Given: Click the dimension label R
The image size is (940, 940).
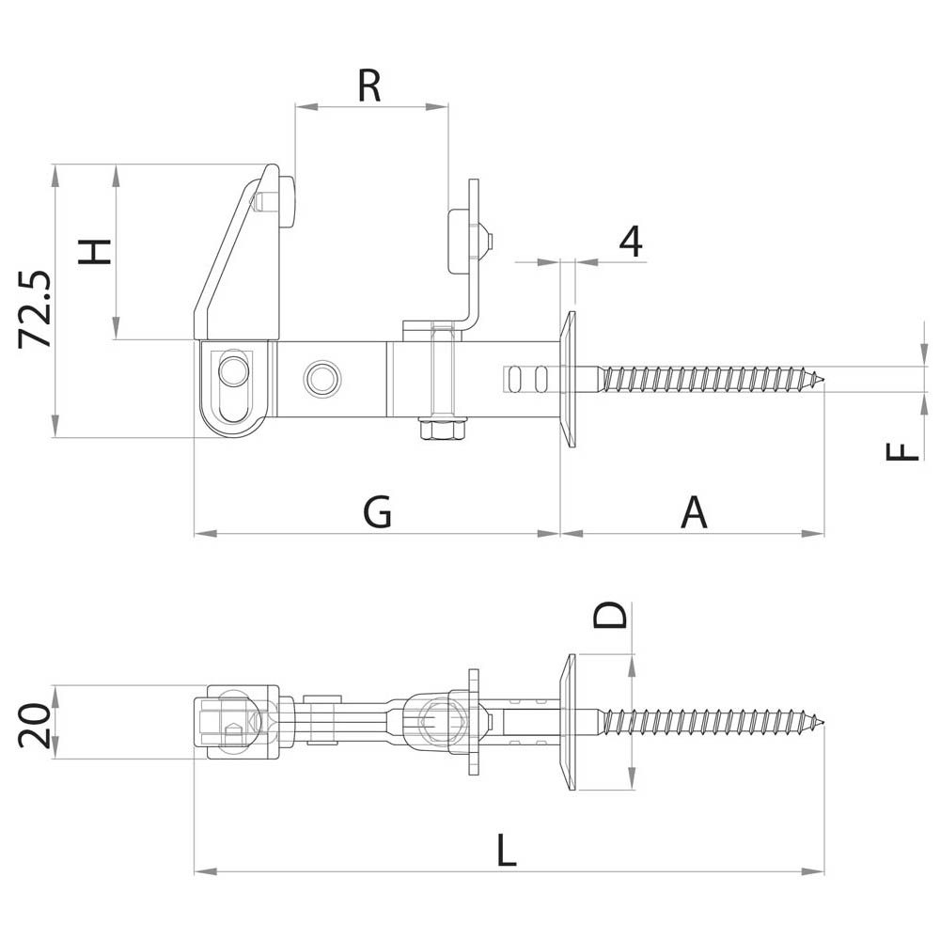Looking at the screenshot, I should [x=369, y=86].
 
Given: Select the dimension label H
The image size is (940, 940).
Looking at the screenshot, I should [x=95, y=251].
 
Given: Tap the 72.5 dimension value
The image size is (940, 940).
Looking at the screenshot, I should [x=36, y=310].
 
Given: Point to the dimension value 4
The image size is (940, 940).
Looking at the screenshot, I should [x=631, y=242].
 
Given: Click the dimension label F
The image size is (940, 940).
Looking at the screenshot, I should [x=903, y=452].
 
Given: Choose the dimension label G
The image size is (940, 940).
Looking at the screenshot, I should [x=377, y=513].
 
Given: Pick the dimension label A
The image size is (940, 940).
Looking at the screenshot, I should [x=694, y=513].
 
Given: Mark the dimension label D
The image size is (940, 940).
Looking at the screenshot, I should [x=611, y=616].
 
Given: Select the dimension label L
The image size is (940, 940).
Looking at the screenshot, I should [x=507, y=852].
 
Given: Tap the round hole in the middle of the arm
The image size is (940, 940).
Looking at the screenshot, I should [x=321, y=378].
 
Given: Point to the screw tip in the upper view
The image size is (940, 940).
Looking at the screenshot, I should [x=820, y=380].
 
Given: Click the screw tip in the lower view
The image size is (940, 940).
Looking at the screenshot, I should [x=820, y=722].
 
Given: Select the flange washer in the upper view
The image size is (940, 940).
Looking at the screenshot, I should [x=568, y=379].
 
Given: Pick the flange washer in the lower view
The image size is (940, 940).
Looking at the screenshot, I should [x=568, y=722].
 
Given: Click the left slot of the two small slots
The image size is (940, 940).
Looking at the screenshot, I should [x=514, y=378].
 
